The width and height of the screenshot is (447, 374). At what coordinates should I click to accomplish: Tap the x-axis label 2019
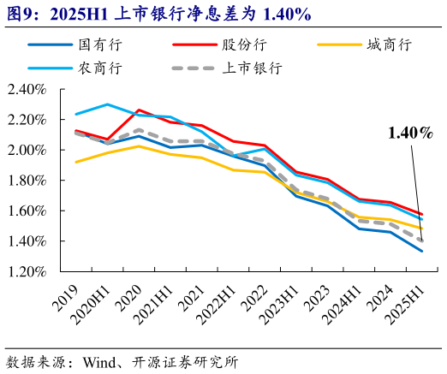pyautogui.click(x=66, y=295)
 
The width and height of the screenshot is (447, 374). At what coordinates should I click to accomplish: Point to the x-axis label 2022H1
pyautogui.click(x=218, y=304)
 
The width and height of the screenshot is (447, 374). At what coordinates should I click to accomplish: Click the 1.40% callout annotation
pyautogui.click(x=410, y=133)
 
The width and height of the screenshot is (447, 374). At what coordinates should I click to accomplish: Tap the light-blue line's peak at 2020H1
pyautogui.click(x=107, y=104)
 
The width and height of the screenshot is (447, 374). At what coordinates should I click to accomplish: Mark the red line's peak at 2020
pyautogui.click(x=139, y=110)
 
